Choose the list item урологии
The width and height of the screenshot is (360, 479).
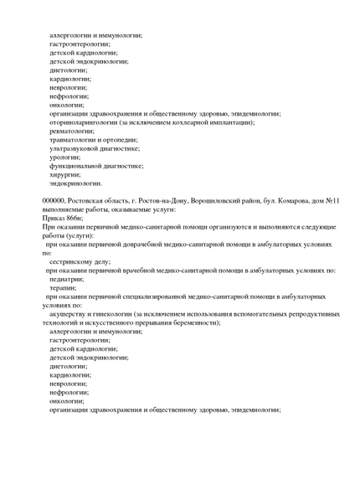(64, 157)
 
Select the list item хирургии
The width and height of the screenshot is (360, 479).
(64, 174)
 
